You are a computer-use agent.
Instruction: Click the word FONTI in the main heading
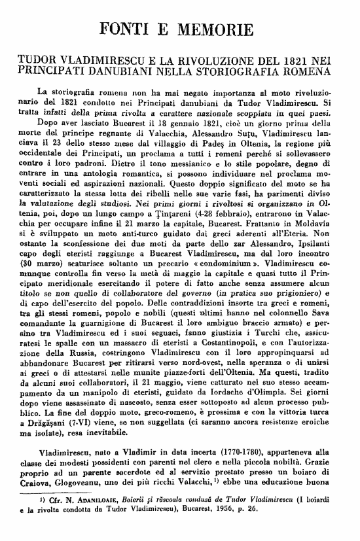tap(131, 29)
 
